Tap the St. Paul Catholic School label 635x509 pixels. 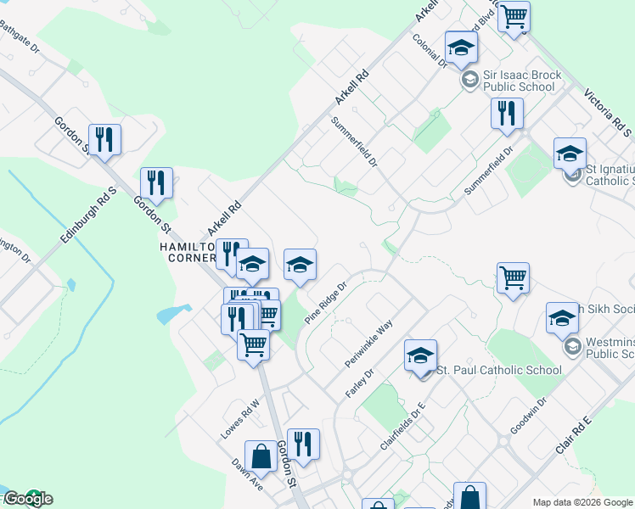pyautogui.click(x=498, y=370)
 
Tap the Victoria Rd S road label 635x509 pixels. pyautogui.click(x=608, y=111)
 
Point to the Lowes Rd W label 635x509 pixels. pyautogui.click(x=239, y=419)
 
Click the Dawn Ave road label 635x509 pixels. pyautogui.click(x=248, y=476)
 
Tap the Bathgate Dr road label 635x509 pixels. pyautogui.click(x=20, y=38)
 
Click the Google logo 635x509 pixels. pyautogui.click(x=27, y=499)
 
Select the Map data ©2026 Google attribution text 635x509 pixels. pyautogui.click(x=582, y=502)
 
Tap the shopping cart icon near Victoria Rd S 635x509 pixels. pyautogui.click(x=514, y=16)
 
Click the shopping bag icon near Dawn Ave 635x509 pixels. pyautogui.click(x=261, y=456)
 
